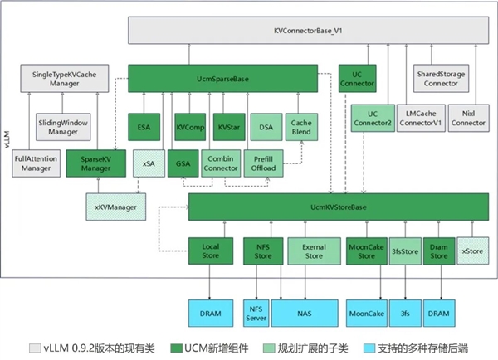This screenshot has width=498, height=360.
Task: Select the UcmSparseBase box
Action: pyautogui.click(x=223, y=79)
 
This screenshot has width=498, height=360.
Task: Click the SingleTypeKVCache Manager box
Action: pyautogui.click(x=66, y=79)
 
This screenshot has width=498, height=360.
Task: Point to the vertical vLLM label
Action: pyautogui.click(x=7, y=137)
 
